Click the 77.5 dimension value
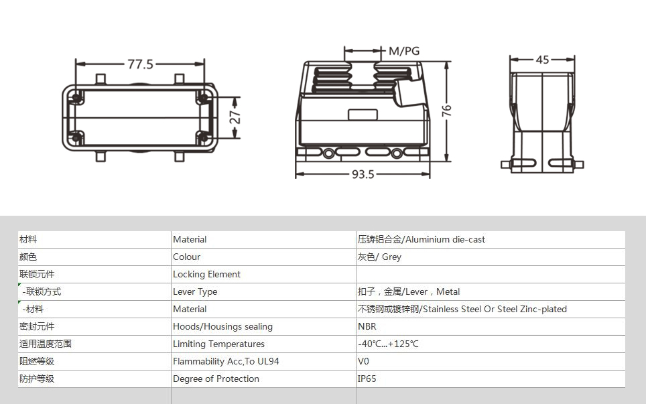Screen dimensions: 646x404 coord(140,64)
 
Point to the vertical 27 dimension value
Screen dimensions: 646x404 coord(235,117)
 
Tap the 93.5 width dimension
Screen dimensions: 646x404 coord(363,174)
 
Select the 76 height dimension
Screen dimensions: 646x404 coord(446,111)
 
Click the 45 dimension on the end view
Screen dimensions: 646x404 coord(542,60)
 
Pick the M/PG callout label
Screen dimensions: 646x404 coord(404,51)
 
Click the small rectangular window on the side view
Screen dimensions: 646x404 coord(363,115)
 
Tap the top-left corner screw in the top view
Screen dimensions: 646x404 coord(76,98)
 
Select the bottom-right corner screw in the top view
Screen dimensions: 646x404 coord(203,138)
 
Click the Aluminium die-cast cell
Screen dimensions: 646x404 coord(421,239)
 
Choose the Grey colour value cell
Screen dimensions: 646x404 coord(379,257)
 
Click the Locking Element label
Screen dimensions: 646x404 coord(206,274)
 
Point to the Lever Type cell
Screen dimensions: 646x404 coord(195,291)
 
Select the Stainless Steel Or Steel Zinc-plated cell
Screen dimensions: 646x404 coord(462,309)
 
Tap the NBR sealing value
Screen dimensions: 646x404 coord(367,326)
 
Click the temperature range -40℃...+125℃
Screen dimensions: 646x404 coord(388,344)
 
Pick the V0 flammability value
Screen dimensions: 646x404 coord(363,361)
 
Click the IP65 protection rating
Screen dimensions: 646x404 coord(367,379)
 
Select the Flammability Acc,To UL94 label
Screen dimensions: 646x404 coord(226,361)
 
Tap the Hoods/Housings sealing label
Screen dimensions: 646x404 coord(222,326)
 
